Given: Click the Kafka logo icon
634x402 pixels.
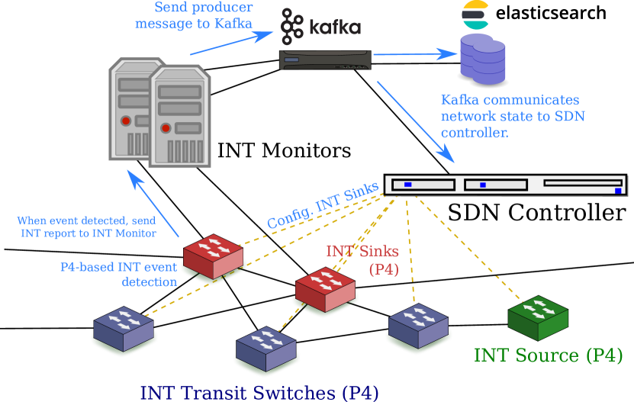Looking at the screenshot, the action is tap(292, 26).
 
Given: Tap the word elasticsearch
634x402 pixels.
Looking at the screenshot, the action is tap(551, 13).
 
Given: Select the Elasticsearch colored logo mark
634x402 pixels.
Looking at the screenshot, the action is tap(475, 14).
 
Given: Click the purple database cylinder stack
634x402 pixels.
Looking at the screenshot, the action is tap(483, 59).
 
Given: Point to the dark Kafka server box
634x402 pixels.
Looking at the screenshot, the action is tap(325, 59).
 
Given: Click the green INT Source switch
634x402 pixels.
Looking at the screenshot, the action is tap(538, 318).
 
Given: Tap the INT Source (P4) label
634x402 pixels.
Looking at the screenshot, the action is tap(548, 355).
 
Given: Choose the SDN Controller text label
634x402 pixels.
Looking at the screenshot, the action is tap(537, 212).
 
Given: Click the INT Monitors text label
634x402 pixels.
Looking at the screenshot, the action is tap(285, 150).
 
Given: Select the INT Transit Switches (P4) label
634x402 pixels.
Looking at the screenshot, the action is tap(259, 393).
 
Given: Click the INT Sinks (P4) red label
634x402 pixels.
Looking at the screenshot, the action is tap(362, 260).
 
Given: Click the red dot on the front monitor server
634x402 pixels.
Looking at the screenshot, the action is tap(166, 128).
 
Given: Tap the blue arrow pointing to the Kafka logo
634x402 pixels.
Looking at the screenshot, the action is tap(231, 43).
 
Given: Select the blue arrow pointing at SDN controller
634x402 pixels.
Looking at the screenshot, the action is tap(416, 122).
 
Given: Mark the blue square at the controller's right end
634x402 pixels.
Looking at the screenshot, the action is tap(618, 191).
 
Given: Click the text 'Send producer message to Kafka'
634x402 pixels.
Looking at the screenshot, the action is tap(194, 15).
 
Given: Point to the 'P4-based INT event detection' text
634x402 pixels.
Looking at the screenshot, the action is tap(118, 274).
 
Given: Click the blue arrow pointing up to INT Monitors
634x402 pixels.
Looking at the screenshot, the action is tap(153, 203).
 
